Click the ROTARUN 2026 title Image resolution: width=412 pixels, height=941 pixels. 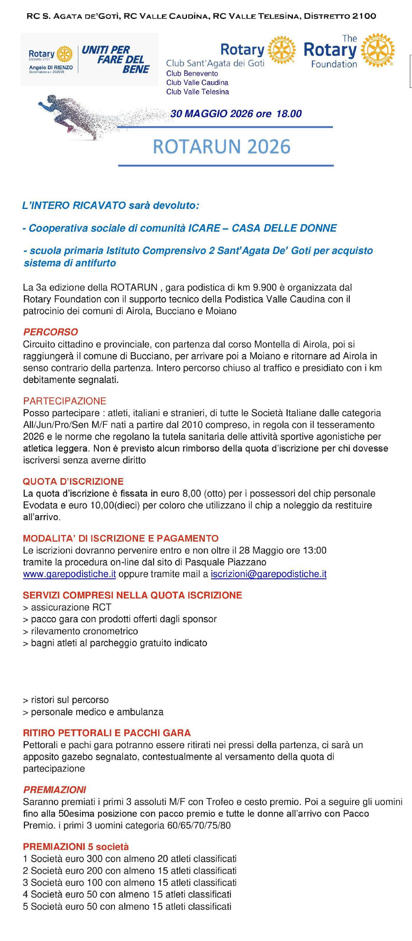pos(222,147)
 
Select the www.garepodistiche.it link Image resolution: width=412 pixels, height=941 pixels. pos(69,574)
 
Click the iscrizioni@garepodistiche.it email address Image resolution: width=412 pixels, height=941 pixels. pos(269,574)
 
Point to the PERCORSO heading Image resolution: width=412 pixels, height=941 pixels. pos(51,332)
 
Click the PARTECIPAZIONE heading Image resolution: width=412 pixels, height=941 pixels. pos(65,401)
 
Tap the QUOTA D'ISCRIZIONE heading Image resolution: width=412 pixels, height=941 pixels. pos(73,481)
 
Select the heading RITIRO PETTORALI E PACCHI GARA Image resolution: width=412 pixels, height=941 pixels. pos(107,733)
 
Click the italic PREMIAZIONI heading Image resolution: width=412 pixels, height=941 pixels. pos(55,790)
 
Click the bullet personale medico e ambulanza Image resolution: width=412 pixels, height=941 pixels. pos(94,712)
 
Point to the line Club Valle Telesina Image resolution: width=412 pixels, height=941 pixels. pos(197,92)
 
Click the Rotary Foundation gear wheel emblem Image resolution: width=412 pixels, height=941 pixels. pos(378,50)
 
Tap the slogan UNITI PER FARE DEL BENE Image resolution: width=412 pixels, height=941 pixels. pos(116,60)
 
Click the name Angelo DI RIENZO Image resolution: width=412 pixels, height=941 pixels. pos(51,67)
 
